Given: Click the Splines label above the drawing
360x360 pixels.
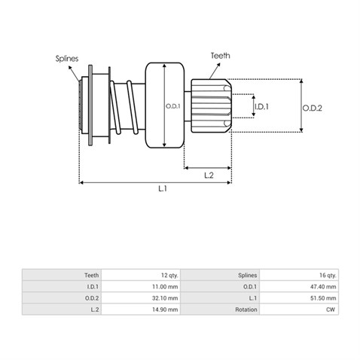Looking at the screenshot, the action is (x=67, y=59).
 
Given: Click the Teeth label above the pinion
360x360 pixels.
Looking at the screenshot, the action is (x=221, y=56).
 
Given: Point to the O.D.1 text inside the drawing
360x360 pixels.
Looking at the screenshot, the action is (x=173, y=106).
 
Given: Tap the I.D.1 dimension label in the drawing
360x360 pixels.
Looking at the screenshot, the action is (x=261, y=107).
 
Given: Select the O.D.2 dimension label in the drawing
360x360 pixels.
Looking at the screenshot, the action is (x=312, y=108).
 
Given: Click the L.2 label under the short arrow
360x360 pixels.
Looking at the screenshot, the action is (x=209, y=175).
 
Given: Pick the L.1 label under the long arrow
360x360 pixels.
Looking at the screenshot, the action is (x=163, y=188).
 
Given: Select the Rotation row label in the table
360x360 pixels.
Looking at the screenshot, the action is (x=246, y=310).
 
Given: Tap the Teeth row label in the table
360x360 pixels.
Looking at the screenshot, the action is (x=92, y=276).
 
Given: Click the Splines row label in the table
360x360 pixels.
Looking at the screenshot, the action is (x=248, y=276).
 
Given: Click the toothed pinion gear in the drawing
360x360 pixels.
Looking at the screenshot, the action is (x=211, y=105).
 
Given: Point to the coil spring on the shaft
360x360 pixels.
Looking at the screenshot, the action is (x=124, y=107).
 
